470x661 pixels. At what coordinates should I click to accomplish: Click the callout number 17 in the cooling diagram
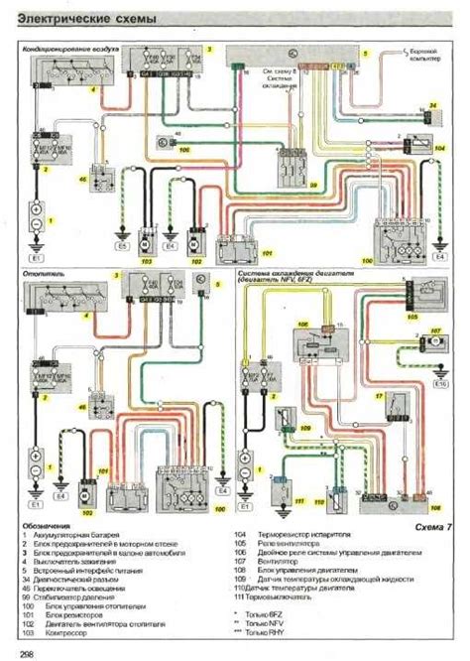tap(379, 395)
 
